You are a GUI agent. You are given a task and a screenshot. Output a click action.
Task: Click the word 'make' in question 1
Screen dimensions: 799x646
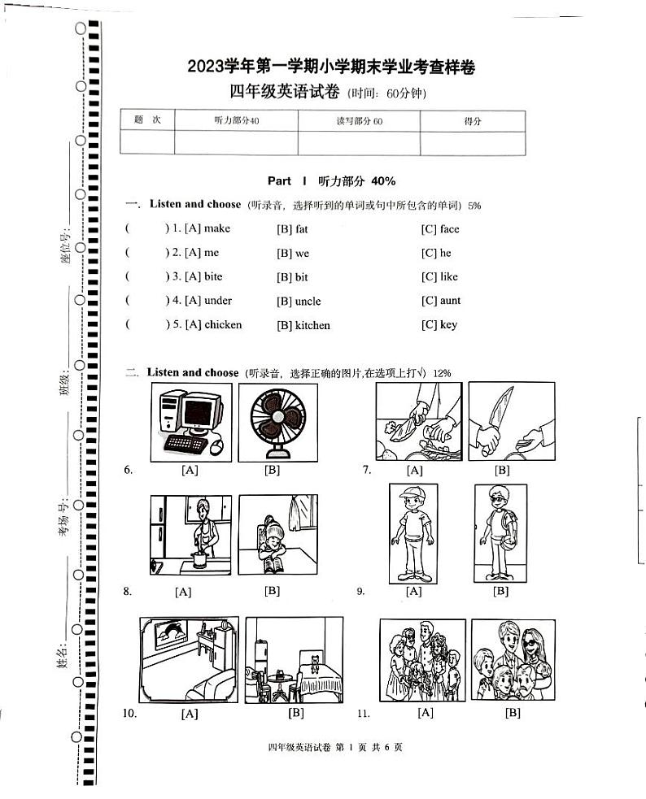(x=217, y=228)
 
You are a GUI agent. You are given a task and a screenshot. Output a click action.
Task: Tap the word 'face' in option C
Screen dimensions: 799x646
(x=449, y=229)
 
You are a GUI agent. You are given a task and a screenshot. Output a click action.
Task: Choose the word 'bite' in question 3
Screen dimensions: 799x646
(x=213, y=276)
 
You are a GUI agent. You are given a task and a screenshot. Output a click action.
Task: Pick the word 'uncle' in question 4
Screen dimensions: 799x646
(x=308, y=302)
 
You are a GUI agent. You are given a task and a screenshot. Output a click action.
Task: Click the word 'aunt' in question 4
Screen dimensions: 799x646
(x=450, y=301)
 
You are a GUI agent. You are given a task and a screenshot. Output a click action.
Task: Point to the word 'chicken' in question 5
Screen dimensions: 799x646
(x=223, y=324)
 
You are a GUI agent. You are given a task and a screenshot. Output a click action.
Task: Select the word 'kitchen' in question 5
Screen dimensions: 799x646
(x=312, y=325)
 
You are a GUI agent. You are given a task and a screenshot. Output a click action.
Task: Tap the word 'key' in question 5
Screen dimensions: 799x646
(x=448, y=324)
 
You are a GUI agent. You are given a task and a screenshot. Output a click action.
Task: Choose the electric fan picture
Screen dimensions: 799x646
(x=277, y=422)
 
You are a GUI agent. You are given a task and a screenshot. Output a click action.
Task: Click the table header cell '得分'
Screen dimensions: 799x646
(x=472, y=121)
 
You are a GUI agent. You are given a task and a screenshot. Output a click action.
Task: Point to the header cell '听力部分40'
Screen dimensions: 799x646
(x=236, y=121)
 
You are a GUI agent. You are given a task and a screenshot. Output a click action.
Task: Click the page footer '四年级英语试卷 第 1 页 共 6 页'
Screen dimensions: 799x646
(x=334, y=748)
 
